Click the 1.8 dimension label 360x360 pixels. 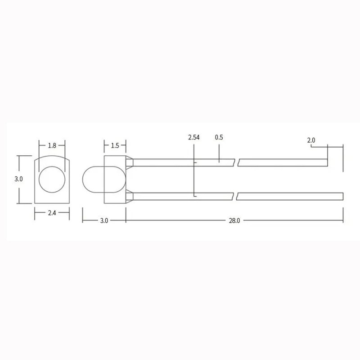click(52, 145)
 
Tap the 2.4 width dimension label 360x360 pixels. click(52, 213)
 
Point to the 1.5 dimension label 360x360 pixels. click(115, 145)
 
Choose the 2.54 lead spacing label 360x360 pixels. click(194, 138)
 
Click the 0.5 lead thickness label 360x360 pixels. click(219, 138)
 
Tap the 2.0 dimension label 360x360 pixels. click(311, 140)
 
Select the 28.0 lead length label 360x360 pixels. click(234, 221)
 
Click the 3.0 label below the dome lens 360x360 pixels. click(104, 221)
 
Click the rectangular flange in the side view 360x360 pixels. click(115, 180)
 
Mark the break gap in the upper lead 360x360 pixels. click(237, 162)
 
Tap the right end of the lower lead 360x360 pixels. click(342, 196)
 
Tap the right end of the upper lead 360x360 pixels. click(327, 162)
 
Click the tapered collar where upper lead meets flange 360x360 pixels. click(130, 162)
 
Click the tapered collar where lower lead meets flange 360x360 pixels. click(130, 196)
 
